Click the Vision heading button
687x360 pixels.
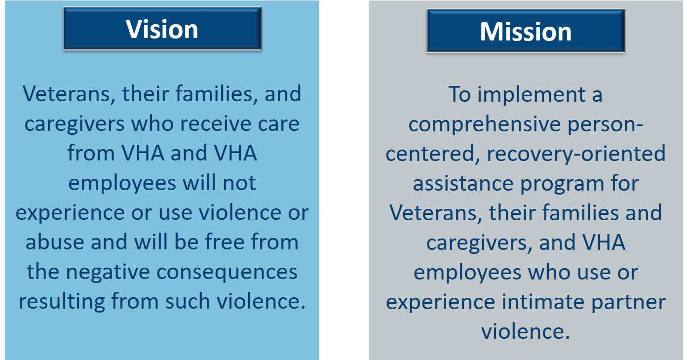click(162, 29)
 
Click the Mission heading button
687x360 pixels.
click(526, 31)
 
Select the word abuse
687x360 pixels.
click(55, 241)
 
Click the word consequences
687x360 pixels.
click(227, 272)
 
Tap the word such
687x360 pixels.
click(188, 301)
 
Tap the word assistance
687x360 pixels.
click(463, 183)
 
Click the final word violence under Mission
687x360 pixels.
click(526, 331)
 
